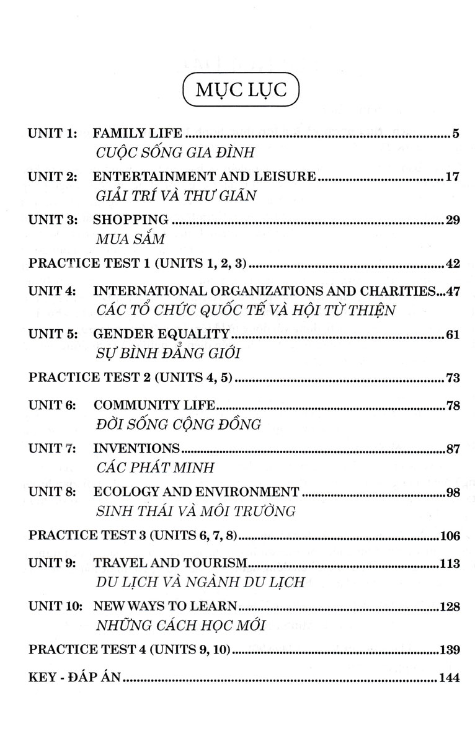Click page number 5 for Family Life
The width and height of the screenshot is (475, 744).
455,133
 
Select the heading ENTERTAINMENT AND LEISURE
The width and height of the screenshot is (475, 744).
205,177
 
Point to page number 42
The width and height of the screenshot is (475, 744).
452,264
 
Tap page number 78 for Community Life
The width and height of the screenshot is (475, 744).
452,405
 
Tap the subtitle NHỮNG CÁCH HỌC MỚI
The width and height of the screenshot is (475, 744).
181,626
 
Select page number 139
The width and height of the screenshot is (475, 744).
449,650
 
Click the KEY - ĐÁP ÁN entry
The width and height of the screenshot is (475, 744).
74,678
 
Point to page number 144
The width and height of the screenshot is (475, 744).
449,678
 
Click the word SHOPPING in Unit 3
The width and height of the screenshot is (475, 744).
130,219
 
